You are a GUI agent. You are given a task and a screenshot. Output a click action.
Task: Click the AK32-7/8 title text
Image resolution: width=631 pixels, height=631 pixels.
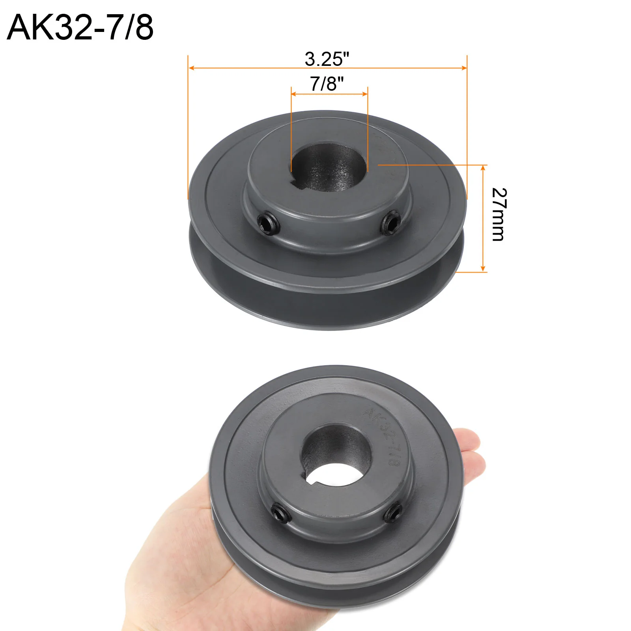80,27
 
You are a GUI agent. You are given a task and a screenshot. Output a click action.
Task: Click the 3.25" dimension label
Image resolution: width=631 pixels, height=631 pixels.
327,59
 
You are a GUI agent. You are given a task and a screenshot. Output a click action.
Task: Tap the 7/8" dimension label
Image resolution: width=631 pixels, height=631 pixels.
327,84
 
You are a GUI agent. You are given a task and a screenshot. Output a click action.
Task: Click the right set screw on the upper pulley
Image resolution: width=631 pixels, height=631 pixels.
391,223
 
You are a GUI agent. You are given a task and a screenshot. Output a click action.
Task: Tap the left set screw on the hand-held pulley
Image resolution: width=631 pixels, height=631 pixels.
281,513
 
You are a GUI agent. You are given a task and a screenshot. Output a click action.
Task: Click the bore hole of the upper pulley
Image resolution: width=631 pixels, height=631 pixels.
329,167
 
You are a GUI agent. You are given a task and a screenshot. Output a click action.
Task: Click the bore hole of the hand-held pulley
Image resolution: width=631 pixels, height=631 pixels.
336,455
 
